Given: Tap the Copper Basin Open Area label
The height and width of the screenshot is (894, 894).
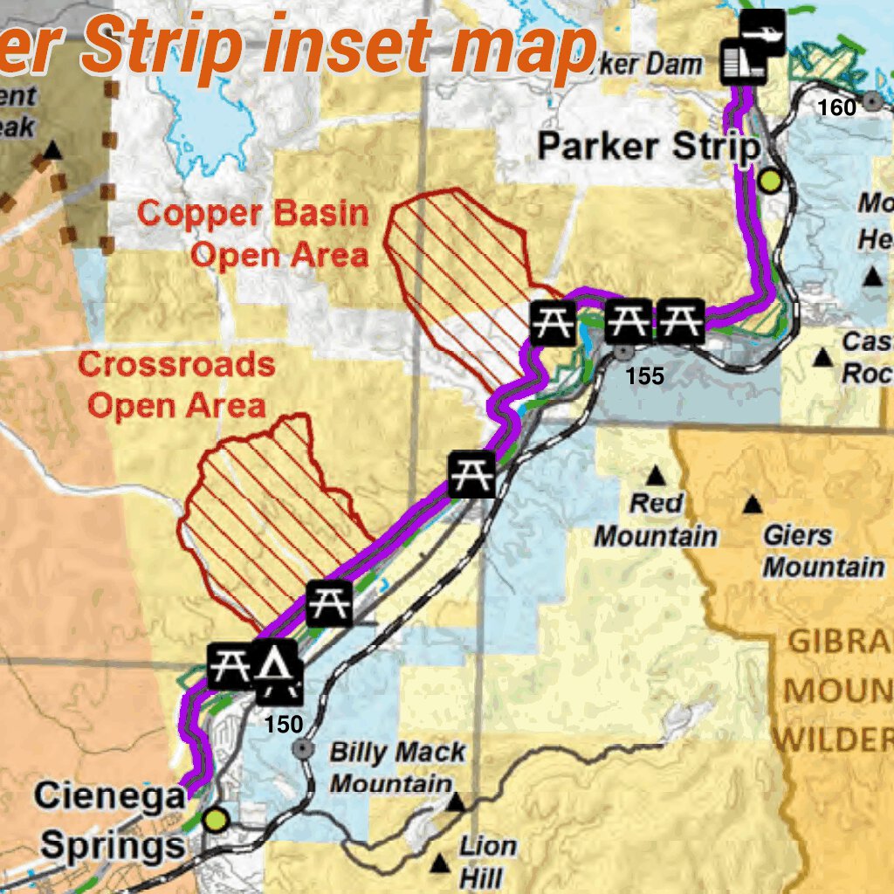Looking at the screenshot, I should pyautogui.click(x=253, y=234).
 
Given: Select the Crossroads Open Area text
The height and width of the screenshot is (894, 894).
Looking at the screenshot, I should pyautogui.click(x=176, y=385).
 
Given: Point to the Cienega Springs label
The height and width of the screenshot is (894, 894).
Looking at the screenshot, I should pyautogui.click(x=110, y=821).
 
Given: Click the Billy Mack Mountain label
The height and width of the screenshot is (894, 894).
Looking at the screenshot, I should pyautogui.click(x=397, y=767).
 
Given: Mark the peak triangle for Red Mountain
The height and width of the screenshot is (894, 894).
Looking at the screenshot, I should pyautogui.click(x=655, y=476).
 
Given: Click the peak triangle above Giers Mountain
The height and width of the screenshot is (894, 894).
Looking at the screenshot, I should pyautogui.click(x=752, y=505).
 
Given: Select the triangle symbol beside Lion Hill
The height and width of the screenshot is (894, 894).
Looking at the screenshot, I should pyautogui.click(x=440, y=864).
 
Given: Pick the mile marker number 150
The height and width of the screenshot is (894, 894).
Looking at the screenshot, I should pyautogui.click(x=284, y=725).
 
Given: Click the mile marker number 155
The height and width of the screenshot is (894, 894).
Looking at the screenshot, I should pyautogui.click(x=645, y=376).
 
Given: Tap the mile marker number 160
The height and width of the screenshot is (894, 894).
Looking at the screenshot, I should pyautogui.click(x=836, y=107).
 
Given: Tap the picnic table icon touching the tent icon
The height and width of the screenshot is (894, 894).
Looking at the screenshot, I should pyautogui.click(x=230, y=666).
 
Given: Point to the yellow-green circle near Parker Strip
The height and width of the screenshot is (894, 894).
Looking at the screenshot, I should pyautogui.click(x=770, y=181).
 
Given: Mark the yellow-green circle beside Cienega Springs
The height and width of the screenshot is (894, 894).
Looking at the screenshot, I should pyautogui.click(x=216, y=820).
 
